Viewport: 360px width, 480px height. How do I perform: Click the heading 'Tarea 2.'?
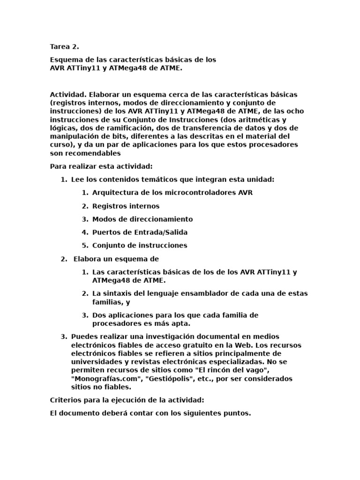coord(64,46)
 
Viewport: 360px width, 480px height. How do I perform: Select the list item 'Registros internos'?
coord(126,206)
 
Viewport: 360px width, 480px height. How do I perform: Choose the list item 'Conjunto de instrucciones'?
coord(140,245)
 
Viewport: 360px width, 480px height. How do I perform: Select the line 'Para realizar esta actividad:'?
coord(101,166)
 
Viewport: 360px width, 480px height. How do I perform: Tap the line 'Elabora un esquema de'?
coord(116,259)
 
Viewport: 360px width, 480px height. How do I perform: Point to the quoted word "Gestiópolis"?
coord(164,378)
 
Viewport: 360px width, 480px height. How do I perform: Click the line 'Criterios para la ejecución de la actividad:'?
coord(127,400)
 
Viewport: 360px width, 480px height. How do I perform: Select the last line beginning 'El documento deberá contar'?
coord(150,413)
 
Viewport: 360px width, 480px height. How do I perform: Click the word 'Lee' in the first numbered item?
coord(77,180)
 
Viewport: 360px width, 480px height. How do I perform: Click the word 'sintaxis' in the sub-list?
coord(117,293)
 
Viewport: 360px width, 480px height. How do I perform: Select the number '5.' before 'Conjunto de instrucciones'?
coord(85,245)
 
